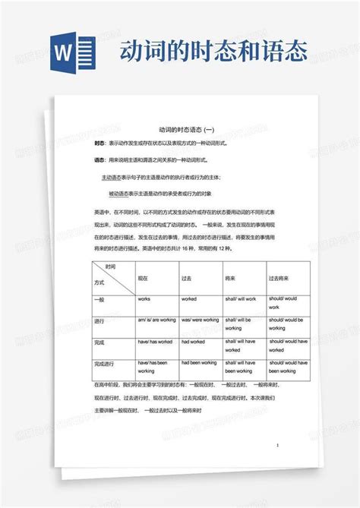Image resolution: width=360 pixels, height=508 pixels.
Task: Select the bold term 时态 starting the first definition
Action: tap(99, 144)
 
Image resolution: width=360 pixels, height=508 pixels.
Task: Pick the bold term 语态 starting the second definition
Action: tap(99, 160)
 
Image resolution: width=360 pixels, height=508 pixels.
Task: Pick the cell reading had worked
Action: tap(194, 342)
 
